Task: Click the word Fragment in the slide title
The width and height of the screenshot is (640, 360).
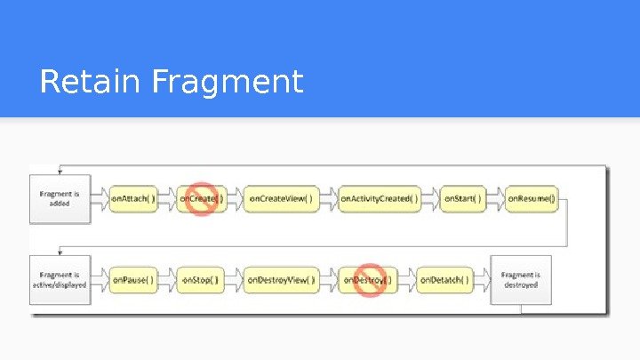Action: coord(228,83)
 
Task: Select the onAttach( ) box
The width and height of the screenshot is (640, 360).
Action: coord(133,199)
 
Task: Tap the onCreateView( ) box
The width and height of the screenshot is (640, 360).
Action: coord(280,199)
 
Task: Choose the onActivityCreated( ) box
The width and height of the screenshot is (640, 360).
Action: coord(379,199)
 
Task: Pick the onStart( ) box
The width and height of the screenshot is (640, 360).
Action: coord(462,199)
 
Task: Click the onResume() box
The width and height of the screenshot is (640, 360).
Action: coord(531,199)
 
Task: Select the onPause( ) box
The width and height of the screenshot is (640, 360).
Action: coord(133,280)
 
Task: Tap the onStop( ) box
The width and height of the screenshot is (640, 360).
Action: coord(200,280)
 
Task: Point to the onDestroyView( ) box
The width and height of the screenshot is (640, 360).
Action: coord(280,280)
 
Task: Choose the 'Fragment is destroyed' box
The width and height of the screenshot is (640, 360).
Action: coord(521,280)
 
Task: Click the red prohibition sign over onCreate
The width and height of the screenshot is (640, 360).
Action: coord(202,199)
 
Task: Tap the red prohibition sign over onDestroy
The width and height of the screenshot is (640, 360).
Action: coord(369,280)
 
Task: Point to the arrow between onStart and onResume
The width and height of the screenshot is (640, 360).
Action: coord(496,199)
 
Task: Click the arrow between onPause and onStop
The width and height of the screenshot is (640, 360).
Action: coord(168,280)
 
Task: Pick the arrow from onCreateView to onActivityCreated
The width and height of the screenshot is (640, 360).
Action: coord(328,199)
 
